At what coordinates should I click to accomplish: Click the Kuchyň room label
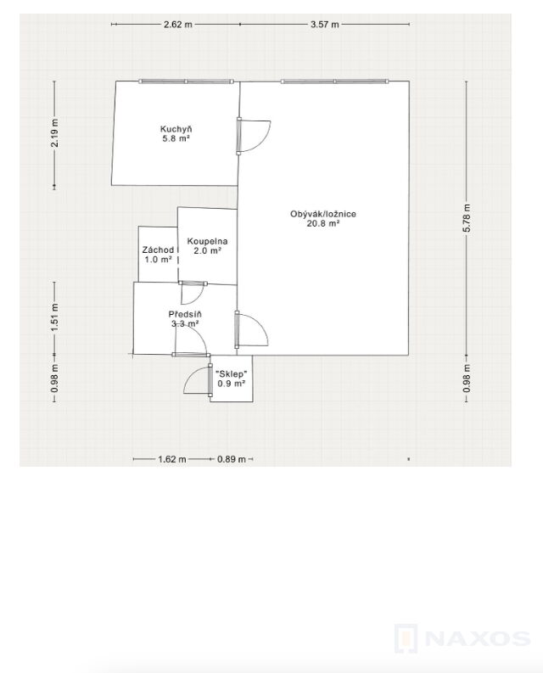(x=176, y=129)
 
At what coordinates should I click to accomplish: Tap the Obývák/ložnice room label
(x=323, y=214)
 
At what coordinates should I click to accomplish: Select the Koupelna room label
(x=207, y=242)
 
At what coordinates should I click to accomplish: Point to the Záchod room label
(x=158, y=250)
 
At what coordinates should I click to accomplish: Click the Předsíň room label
(x=185, y=315)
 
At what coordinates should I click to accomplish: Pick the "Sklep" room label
(x=232, y=373)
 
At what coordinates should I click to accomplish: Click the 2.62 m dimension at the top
(x=178, y=25)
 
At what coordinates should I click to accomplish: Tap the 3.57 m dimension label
(x=325, y=25)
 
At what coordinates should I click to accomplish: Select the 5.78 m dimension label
(x=467, y=218)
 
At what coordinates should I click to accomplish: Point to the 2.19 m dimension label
(x=54, y=132)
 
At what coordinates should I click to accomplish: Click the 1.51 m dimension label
(x=54, y=317)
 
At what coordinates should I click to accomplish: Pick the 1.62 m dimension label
(x=172, y=459)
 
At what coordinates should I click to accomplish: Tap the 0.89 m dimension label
(x=232, y=459)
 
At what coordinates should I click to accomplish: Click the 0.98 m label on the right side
(x=467, y=379)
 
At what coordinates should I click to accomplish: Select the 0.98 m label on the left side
(x=54, y=379)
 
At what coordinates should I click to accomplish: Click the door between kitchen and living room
(x=253, y=136)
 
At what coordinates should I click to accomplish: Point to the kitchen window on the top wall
(x=187, y=81)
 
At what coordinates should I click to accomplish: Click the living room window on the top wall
(x=335, y=81)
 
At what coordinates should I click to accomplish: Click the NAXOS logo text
(x=478, y=639)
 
